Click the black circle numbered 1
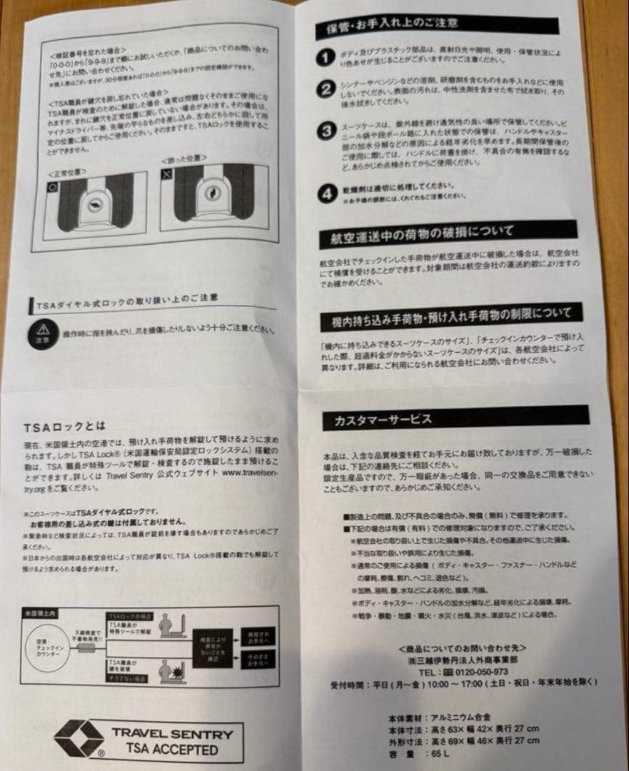326,57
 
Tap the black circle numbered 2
326,90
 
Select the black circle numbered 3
326,131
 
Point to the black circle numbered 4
326,193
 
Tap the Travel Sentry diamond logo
80,737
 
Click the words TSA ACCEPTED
171,750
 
